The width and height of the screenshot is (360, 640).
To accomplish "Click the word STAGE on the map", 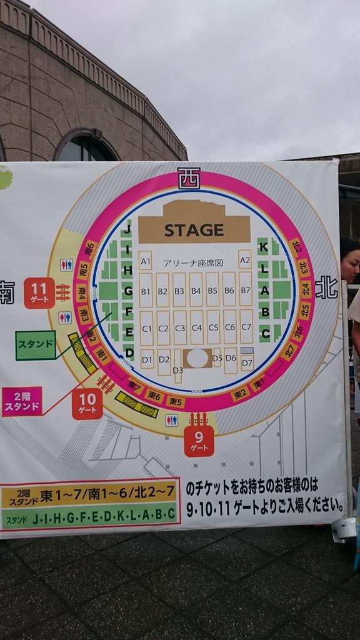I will point(194,230).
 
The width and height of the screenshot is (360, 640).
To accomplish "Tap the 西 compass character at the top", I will point(188,178).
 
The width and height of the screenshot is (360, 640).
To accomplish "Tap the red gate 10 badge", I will point(87,403).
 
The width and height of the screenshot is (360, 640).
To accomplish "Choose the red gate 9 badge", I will point(199,441).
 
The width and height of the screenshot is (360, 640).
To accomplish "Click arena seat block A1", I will point(146,261).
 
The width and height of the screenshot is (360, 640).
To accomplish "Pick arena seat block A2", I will point(245,259).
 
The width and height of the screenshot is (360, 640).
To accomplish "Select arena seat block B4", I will point(196,291).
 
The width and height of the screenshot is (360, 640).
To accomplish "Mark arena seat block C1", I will point(146,327).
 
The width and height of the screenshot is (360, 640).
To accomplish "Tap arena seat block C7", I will point(246,327).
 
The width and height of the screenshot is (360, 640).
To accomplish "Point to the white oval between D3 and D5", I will point(197,358).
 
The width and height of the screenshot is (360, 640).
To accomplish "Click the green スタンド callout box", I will point(36,345).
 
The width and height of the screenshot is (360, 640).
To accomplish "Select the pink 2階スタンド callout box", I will point(22,401).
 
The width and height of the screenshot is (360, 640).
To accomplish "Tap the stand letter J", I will point(127,230).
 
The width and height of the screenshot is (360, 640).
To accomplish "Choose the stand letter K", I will point(264,247).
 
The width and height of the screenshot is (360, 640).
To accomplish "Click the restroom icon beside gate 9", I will point(171,420).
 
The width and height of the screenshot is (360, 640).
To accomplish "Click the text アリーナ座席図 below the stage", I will point(193,263).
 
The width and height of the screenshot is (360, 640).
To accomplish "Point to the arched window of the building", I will point(85,147).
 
